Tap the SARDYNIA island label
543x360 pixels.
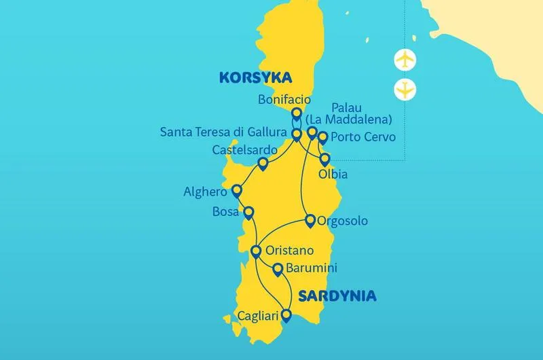[337, 296]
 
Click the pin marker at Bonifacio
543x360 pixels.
[296, 114]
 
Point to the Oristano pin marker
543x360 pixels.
[256, 251]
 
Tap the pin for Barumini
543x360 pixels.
[277, 269]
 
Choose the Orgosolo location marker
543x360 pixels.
[310, 220]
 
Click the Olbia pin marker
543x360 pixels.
[324, 160]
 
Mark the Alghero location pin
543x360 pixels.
[237, 191]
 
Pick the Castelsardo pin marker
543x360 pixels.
[263, 163]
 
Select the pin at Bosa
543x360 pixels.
[248, 213]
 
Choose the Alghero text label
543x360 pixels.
[204, 192]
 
